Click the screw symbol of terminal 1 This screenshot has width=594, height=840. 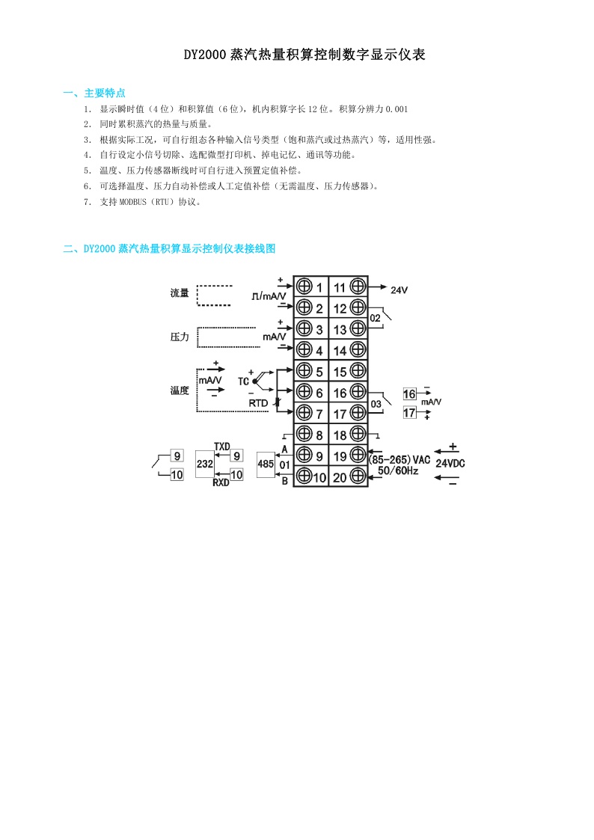(304, 286)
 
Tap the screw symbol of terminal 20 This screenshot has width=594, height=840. (358, 476)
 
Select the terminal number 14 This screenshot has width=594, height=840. (340, 351)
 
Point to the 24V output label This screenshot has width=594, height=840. (399, 289)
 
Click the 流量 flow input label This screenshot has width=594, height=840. (180, 292)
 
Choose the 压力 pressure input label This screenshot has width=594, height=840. (180, 337)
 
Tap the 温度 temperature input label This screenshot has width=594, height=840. (180, 390)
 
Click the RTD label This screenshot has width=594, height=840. (257, 403)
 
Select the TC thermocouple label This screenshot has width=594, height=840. (243, 381)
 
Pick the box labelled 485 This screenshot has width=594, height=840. (266, 464)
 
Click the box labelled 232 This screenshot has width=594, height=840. (204, 464)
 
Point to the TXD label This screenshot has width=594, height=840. (221, 447)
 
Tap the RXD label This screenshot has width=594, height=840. (221, 482)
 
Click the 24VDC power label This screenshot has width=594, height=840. (450, 464)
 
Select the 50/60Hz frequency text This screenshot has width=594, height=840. (398, 471)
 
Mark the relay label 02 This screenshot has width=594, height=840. (375, 318)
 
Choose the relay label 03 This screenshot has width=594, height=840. (376, 404)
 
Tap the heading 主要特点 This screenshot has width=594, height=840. (105, 93)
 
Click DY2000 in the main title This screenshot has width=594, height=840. (205, 55)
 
